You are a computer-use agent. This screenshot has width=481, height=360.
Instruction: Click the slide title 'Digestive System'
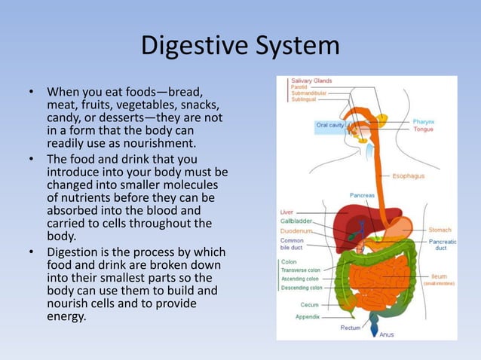coord(240,46)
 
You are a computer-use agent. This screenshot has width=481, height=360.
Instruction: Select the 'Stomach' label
coord(440,230)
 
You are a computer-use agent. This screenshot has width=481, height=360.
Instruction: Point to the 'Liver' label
coord(286,213)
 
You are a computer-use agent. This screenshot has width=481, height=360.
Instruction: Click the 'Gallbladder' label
coord(295,223)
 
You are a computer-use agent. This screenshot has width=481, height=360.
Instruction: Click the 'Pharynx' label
coord(422,121)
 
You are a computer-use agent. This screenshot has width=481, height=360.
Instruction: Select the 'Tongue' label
coord(423,129)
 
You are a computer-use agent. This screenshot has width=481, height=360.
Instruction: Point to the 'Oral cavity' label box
coord(330,125)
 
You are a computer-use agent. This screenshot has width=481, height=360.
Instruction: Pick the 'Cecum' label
coord(310,305)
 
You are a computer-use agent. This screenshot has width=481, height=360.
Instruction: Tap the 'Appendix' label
coord(307,317)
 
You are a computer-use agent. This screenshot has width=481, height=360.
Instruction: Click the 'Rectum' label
coord(350,328)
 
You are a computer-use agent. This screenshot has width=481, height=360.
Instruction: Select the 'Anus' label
coord(386,334)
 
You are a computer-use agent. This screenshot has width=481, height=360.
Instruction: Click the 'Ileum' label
coord(439,276)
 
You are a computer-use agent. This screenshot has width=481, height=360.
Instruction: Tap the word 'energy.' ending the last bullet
coord(66,316)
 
